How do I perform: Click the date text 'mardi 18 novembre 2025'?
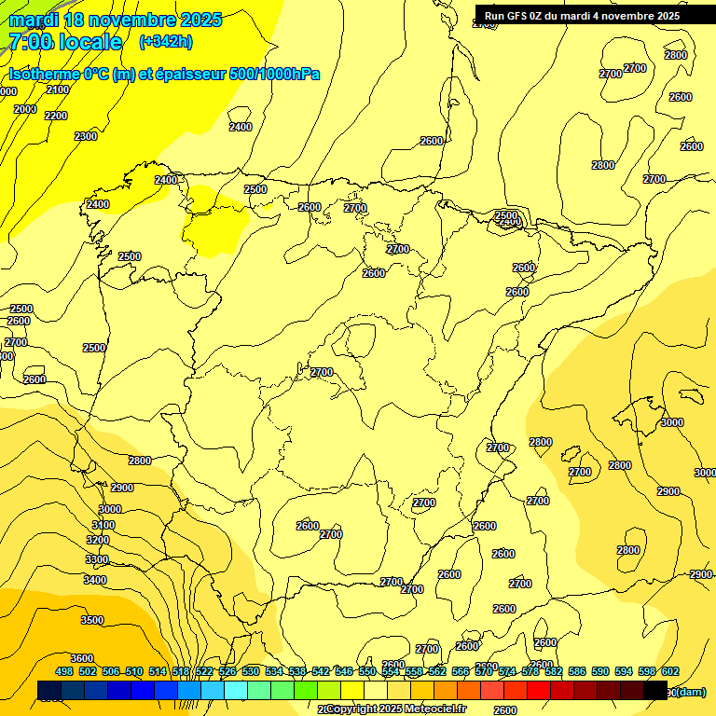point(116,20)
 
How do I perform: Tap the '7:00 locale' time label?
point(65,42)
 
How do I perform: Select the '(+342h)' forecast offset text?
point(165,42)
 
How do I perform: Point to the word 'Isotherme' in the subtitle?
point(42,74)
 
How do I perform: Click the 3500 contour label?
point(92,620)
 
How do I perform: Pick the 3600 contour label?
point(82,658)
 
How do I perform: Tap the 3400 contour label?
point(95,580)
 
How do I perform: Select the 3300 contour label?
point(97,559)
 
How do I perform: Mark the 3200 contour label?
point(98,540)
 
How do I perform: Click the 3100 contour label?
point(103,525)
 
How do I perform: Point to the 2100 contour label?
point(58,89)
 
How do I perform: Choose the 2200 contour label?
point(56,116)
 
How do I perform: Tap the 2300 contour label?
point(86,136)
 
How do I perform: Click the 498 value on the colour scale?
point(64,671)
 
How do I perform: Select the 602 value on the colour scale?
point(670,671)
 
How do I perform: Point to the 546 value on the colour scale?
point(344,671)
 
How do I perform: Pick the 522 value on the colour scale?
point(204,671)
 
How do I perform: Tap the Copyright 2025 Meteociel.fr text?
point(395,709)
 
